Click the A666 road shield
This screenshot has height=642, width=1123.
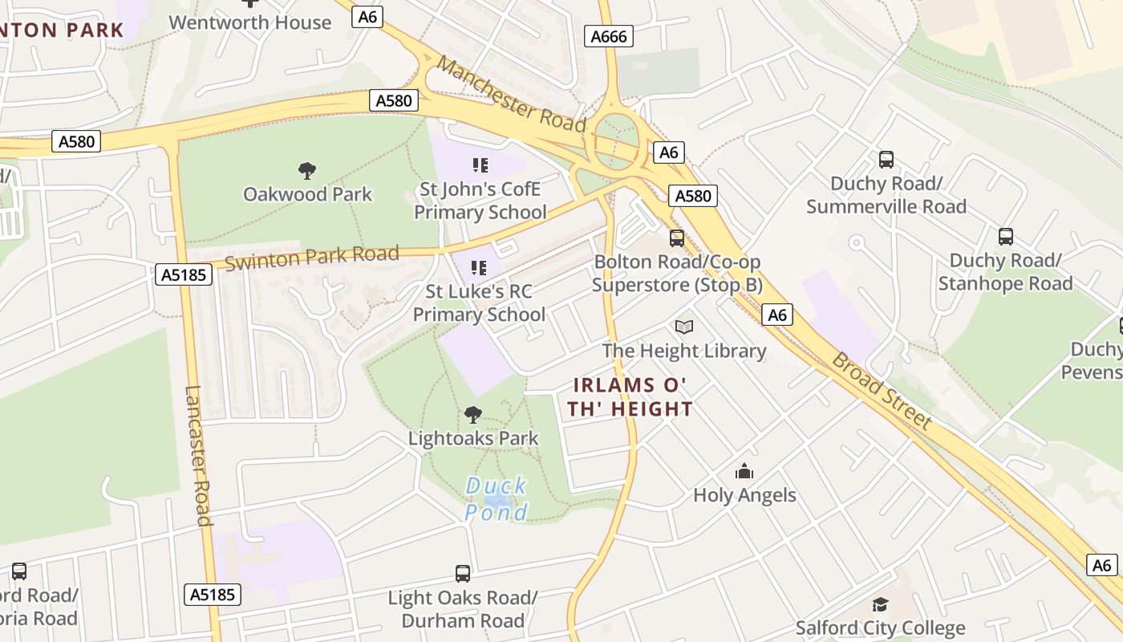point(609,36)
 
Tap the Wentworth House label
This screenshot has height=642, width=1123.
point(249,22)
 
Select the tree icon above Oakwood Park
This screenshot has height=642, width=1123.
point(306,170)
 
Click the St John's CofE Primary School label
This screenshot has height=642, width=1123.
point(480,201)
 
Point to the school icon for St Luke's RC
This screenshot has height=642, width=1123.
point(480,267)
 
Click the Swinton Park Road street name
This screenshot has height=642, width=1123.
point(312,258)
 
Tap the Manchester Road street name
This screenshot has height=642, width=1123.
point(512,95)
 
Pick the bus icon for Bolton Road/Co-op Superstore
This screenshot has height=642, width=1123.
point(677,238)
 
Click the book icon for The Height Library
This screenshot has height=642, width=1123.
point(684,327)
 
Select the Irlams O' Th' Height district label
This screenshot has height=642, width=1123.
point(630,397)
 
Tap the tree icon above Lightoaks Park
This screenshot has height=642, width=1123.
point(473,415)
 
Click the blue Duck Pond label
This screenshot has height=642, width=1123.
point(497,498)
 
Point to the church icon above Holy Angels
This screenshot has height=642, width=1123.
point(744,471)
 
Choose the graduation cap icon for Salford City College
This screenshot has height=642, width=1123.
point(880,604)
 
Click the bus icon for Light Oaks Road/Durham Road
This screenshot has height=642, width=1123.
point(463,574)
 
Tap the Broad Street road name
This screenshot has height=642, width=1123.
point(882,391)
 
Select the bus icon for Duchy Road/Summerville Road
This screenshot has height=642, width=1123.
point(886,160)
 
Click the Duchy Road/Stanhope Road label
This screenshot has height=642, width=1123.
point(1005,272)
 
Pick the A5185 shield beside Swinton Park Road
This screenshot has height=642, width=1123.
point(184,275)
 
